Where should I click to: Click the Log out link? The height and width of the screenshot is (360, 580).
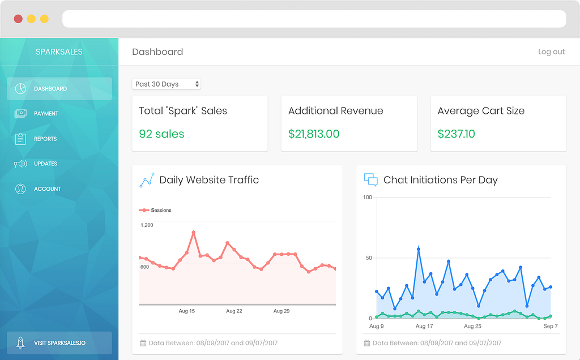551,52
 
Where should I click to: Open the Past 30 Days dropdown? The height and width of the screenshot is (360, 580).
166,84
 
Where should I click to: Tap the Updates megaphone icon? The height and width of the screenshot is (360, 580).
20,164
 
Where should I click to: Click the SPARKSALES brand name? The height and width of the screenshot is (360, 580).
59,52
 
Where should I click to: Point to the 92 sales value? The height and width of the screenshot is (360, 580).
161,134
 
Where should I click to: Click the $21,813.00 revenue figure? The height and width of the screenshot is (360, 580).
314,134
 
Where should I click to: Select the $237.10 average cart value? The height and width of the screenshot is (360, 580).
456,134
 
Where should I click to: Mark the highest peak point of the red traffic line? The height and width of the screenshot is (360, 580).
194,233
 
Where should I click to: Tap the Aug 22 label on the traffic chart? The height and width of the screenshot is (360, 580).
234,311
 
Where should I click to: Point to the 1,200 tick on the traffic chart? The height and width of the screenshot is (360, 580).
147,225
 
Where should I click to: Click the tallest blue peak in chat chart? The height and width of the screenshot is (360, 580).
419,249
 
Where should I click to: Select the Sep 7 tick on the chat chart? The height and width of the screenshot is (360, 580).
551,327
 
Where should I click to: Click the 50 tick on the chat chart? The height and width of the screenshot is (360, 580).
369,258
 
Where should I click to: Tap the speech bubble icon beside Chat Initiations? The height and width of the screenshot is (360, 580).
370,179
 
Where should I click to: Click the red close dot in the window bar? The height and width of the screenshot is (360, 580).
18,19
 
